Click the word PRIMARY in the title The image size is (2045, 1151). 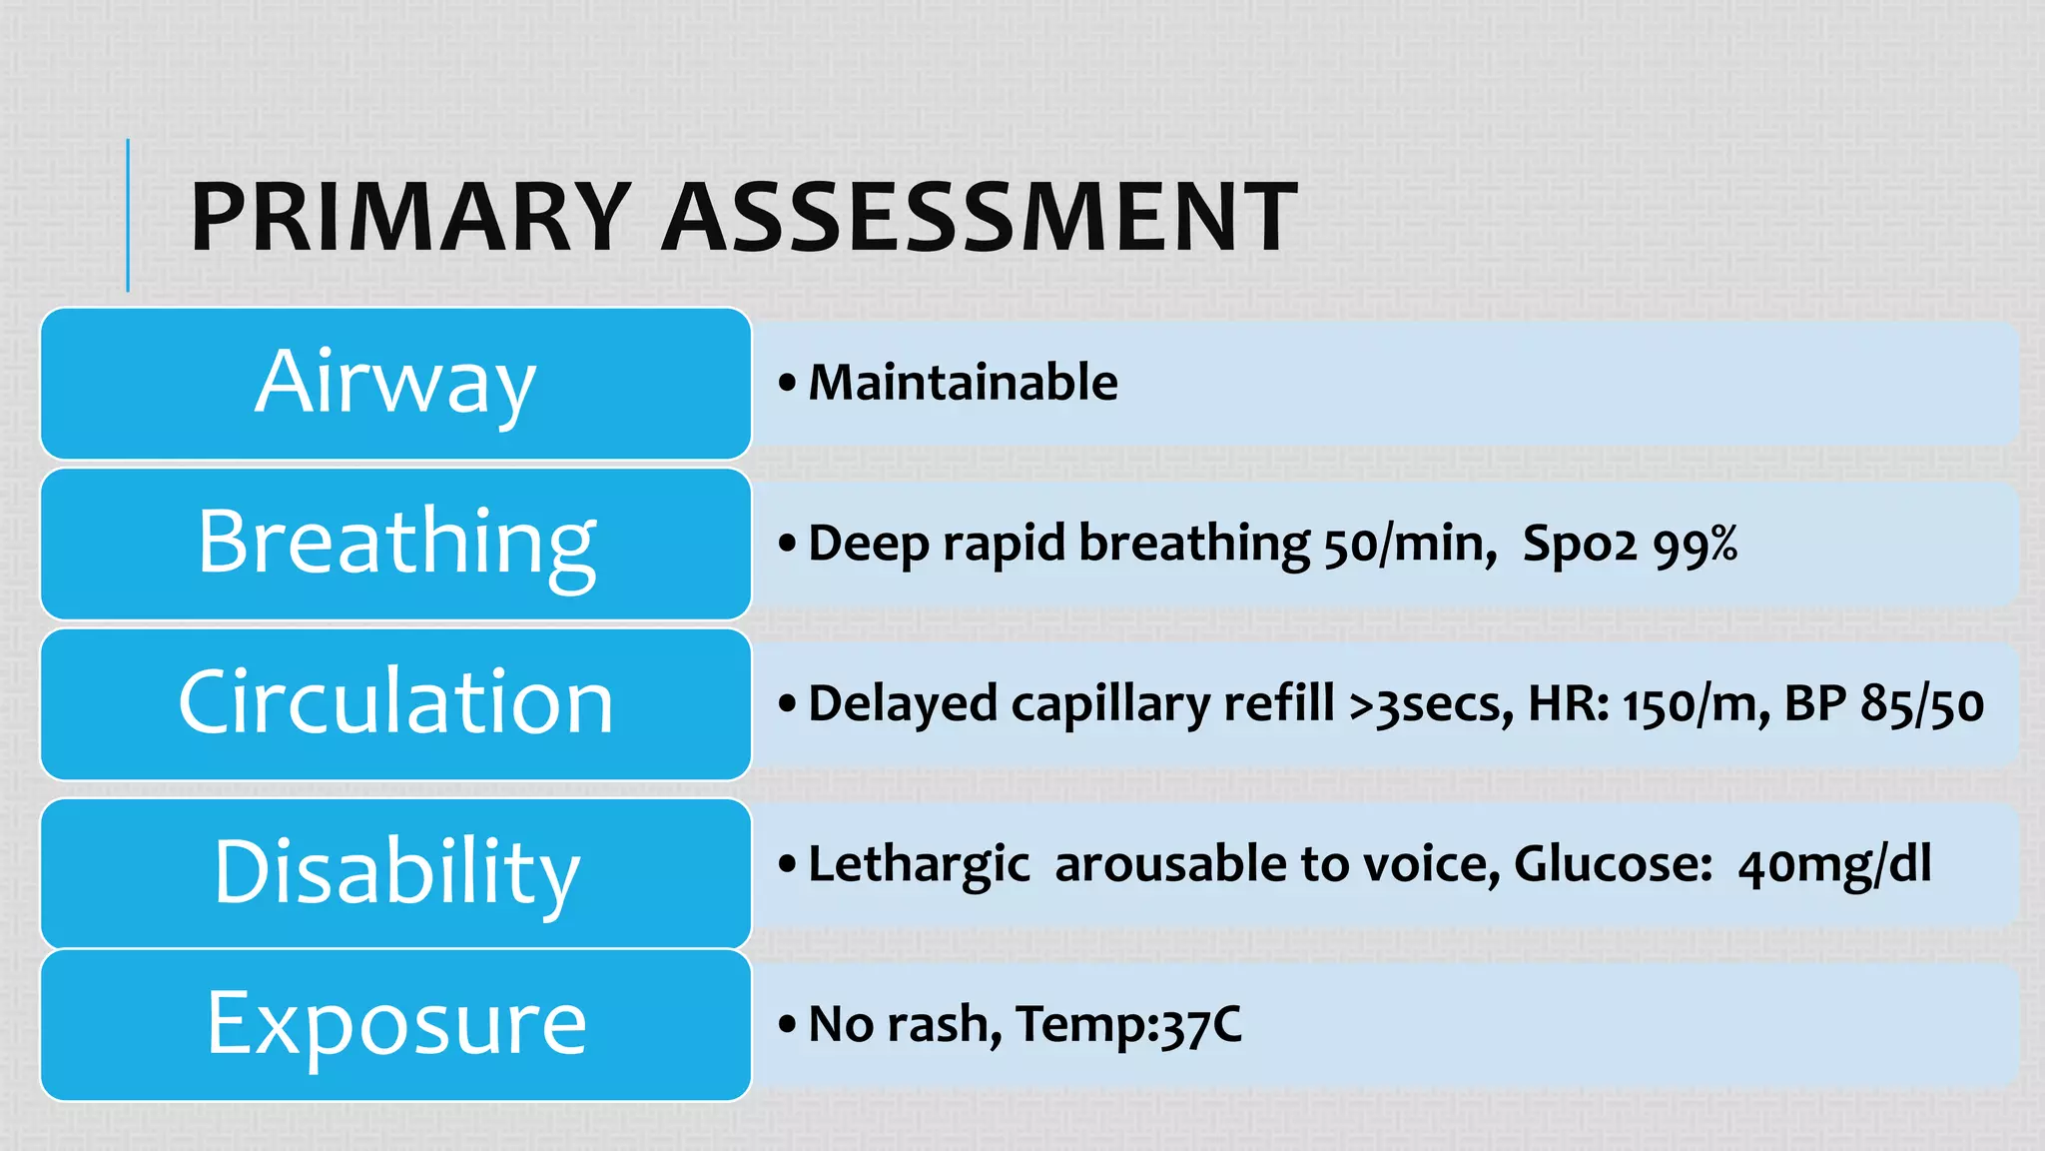click(x=410, y=217)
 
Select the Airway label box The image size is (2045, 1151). click(x=395, y=383)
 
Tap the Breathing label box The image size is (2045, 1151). click(x=395, y=544)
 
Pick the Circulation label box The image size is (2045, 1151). click(x=395, y=703)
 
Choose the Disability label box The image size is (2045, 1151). click(x=395, y=872)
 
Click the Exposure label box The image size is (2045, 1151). click(x=395, y=1024)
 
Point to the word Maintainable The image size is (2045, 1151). click(x=963, y=383)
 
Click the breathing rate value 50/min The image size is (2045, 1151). click(x=1409, y=545)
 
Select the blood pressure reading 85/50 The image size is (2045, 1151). click(x=1921, y=704)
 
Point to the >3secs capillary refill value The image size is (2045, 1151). click(x=1430, y=704)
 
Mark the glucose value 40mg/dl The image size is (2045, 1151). click(x=1834, y=865)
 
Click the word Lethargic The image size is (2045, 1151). click(x=919, y=865)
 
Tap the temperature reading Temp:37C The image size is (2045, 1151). click(x=1128, y=1025)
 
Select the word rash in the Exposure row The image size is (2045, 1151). click(x=944, y=1025)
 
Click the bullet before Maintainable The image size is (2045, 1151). click(x=788, y=383)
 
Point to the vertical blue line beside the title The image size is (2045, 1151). click(x=128, y=215)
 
